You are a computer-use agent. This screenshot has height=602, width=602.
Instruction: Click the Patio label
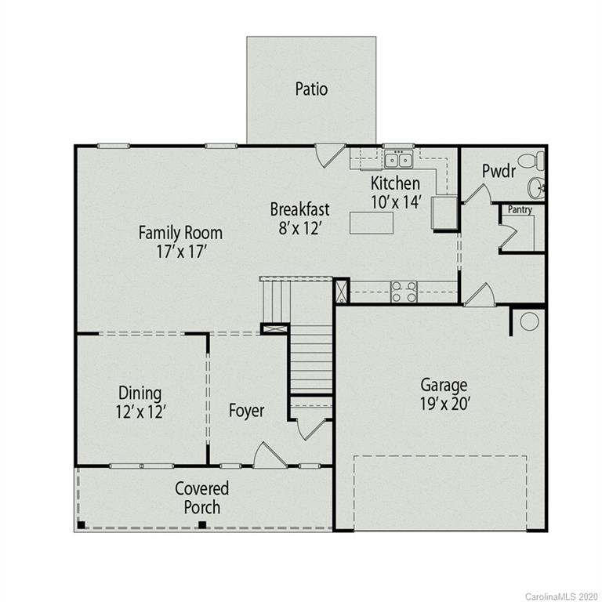pyautogui.click(x=311, y=89)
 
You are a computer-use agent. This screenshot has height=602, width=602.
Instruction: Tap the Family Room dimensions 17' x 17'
pyautogui.click(x=180, y=252)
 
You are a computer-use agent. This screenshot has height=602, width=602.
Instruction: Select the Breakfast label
pyautogui.click(x=299, y=209)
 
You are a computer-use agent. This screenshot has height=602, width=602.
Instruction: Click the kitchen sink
pyautogui.click(x=398, y=161)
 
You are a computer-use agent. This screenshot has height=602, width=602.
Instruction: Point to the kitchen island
pyautogui.click(x=372, y=223)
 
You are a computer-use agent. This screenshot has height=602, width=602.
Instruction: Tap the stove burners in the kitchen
pyautogui.click(x=404, y=292)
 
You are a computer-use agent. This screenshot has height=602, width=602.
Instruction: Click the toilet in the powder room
pyautogui.click(x=534, y=161)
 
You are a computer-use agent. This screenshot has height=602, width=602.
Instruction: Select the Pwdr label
pyautogui.click(x=499, y=171)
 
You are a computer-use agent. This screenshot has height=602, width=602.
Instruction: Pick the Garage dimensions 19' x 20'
pyautogui.click(x=444, y=405)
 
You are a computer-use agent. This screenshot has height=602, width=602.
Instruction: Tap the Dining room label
pyautogui.click(x=140, y=393)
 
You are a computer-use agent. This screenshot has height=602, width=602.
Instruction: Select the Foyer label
pyautogui.click(x=246, y=411)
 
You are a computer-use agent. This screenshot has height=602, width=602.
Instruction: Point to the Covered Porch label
pyautogui.click(x=202, y=498)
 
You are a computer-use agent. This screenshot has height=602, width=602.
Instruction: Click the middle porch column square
pyautogui.click(x=202, y=525)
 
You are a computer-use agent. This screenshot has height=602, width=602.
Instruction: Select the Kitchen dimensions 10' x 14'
pyautogui.click(x=397, y=201)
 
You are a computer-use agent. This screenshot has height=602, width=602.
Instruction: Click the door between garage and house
pyautogui.click(x=479, y=295)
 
